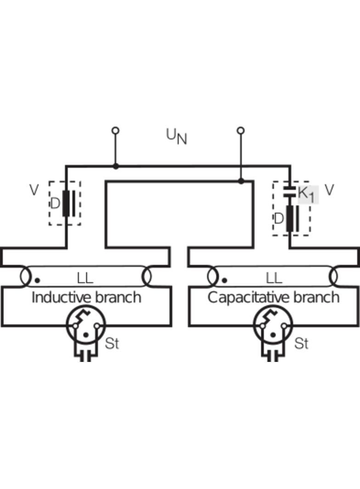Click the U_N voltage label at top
pos(176,136)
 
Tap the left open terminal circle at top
pos(116,131)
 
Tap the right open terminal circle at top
pos(241,131)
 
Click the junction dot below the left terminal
pos(116,166)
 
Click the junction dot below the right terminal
pos(241,181)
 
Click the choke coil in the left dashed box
pos(67,203)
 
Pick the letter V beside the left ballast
pos(34,190)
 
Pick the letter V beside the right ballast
pos(329,189)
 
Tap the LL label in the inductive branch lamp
pos(85,278)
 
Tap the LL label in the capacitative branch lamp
pos(274,278)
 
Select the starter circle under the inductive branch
pos(86,325)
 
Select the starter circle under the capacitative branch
pos(273,325)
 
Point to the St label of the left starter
pos(112,343)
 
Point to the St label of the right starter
pos(301,343)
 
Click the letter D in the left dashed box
pos(55,203)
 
